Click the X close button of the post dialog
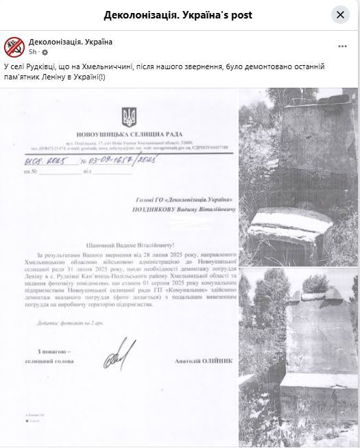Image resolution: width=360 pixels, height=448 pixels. click(340, 15)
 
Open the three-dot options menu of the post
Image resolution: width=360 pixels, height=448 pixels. click(342, 47)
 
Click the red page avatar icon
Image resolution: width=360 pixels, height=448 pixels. click(14, 47)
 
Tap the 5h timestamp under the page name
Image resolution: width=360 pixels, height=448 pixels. click(33, 52)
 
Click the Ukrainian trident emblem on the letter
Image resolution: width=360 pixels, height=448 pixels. click(128, 114)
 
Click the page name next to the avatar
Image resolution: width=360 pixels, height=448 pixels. click(70, 42)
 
